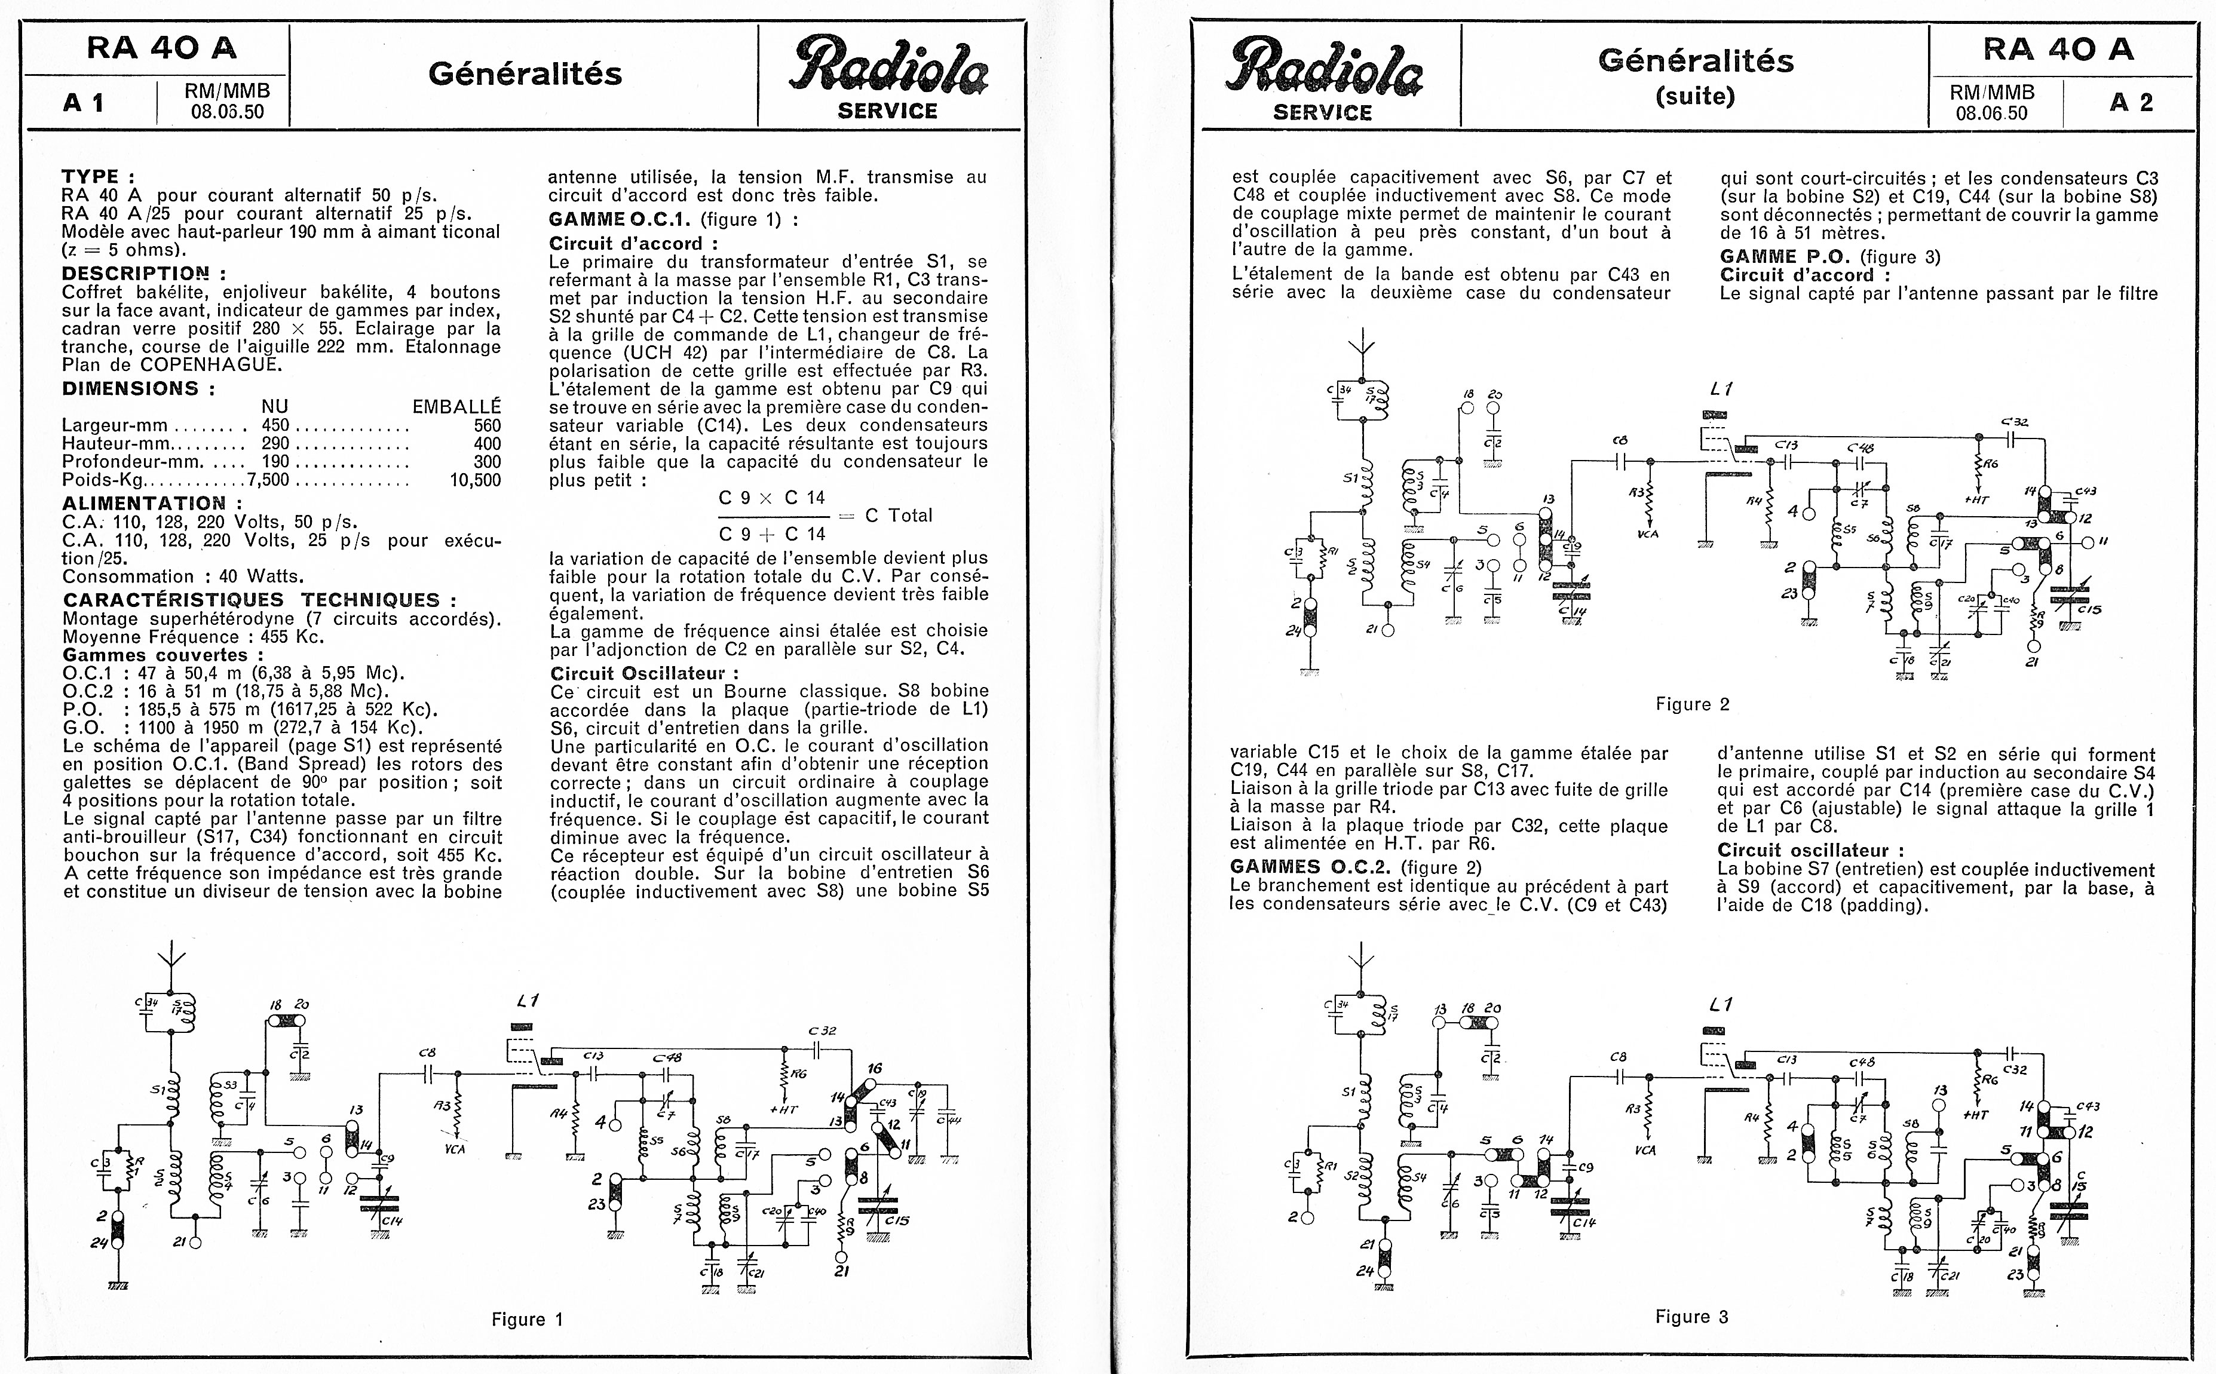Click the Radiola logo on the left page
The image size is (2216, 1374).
(888, 76)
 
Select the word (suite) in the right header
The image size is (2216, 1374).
(1696, 96)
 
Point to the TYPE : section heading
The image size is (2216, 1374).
(98, 176)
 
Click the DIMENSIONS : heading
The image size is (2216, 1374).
(138, 388)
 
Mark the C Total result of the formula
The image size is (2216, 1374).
(899, 515)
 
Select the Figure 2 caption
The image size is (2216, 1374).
(1692, 704)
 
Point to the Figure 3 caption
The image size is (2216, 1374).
(1691, 1317)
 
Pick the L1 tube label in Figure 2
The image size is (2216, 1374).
(1721, 389)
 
